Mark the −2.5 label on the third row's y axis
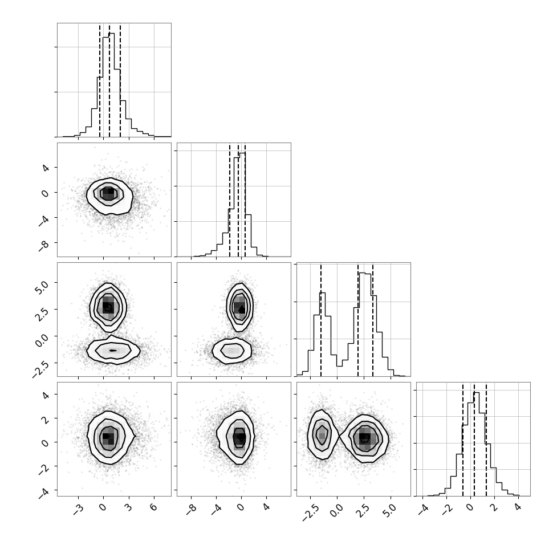tap(39, 368)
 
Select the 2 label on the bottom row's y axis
tap(45, 418)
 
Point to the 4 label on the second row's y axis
tap(45, 168)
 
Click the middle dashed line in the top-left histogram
tap(109, 80)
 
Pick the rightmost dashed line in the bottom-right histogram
tap(486, 440)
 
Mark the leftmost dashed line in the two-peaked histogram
tap(321, 320)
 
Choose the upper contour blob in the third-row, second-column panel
tap(240, 307)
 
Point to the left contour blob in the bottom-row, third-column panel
tap(322, 434)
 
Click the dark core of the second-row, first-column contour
tap(108, 193)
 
